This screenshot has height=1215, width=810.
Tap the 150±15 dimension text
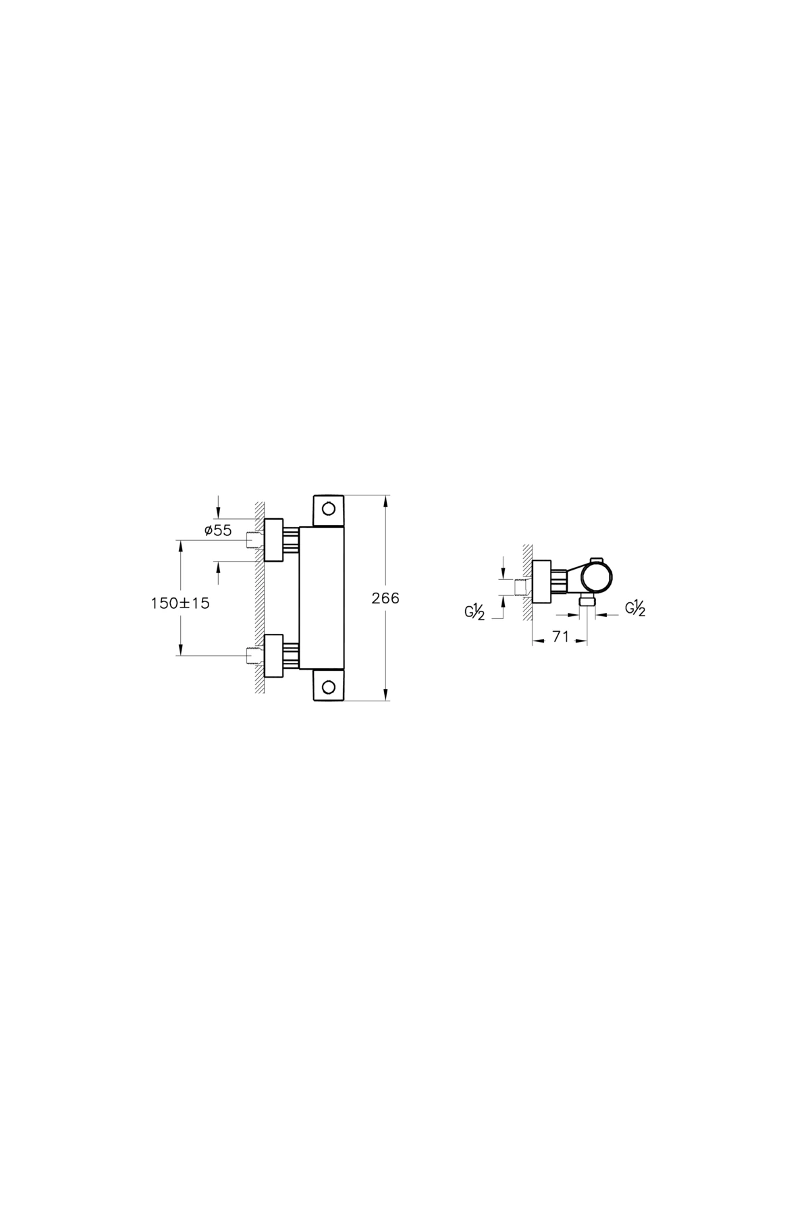point(180,603)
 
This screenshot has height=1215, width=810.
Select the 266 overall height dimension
point(386,598)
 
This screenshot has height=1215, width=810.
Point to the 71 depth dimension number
point(560,637)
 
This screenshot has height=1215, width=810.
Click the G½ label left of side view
point(475,612)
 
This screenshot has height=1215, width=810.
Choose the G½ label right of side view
point(635,608)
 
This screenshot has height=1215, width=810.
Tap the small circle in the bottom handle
point(329,687)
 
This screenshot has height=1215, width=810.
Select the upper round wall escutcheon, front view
point(274,540)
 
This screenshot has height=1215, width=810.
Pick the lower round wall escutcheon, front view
point(274,655)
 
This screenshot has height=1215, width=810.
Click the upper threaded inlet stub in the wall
point(253,540)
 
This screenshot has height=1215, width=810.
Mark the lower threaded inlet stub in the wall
point(253,655)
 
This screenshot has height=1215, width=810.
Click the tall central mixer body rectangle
point(322,597)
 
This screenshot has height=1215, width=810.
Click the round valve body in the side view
point(598,579)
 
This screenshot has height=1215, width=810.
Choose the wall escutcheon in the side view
point(541,581)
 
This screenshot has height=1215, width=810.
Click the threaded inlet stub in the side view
point(522,587)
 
